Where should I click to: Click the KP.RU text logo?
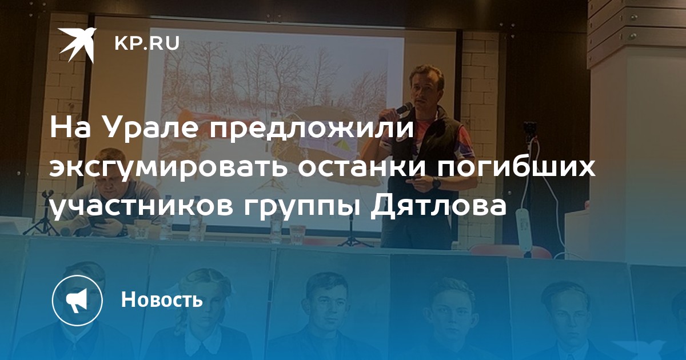click(147, 44)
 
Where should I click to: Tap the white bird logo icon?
click(77, 45)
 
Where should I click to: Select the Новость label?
click(162, 299)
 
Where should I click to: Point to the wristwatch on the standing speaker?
click(436, 183)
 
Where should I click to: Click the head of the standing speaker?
click(426, 86)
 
